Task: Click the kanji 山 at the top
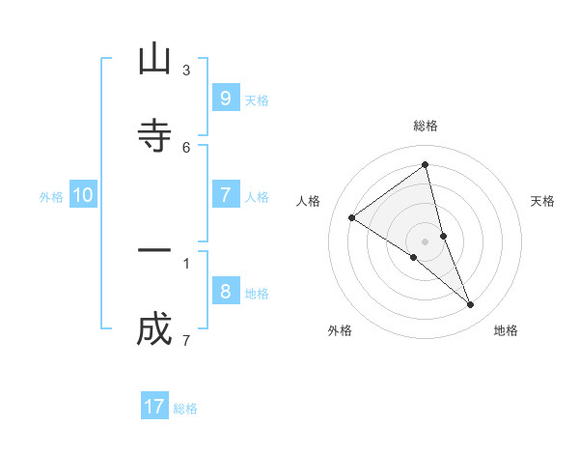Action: (154, 60)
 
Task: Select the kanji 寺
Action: (154, 135)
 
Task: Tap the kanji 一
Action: (154, 251)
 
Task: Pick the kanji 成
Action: (154, 330)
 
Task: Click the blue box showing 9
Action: (225, 99)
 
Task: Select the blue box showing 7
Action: (225, 195)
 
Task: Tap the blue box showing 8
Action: (225, 292)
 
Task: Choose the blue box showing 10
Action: (82, 195)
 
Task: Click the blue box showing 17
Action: (154, 407)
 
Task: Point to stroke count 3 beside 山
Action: (186, 71)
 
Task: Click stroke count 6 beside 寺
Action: (186, 147)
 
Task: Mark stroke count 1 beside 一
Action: (186, 262)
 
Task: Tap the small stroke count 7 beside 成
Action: (186, 340)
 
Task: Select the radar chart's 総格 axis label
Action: (426, 126)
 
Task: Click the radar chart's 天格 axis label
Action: (543, 201)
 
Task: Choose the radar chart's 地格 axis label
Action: (506, 330)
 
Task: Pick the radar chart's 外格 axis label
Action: (340, 330)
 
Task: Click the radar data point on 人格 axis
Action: (352, 218)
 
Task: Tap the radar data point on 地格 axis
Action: (471, 305)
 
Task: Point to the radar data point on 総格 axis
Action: (426, 165)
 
